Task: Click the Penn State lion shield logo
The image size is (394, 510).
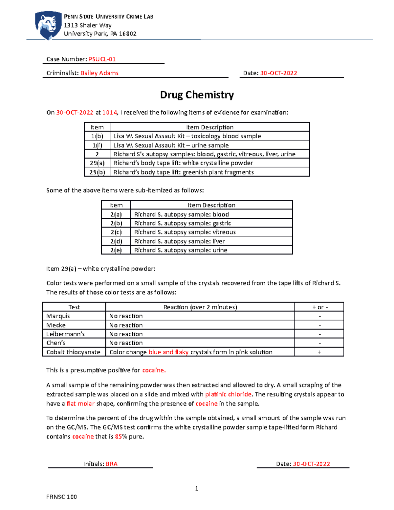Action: (48, 25)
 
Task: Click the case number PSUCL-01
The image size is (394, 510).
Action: (102, 59)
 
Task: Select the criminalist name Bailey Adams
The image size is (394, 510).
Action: (99, 73)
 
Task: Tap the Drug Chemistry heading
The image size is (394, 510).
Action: (197, 95)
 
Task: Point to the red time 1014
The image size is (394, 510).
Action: (110, 112)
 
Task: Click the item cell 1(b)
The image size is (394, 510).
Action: (97, 136)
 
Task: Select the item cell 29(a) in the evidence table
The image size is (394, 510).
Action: (97, 163)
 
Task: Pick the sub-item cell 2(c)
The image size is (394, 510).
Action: (116, 232)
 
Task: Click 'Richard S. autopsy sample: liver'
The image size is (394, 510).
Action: (180, 241)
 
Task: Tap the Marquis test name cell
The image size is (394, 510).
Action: (58, 316)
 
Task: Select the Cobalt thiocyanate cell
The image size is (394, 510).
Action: (73, 352)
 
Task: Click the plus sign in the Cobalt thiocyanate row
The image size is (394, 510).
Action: (319, 352)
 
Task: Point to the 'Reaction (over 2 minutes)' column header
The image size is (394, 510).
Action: (200, 307)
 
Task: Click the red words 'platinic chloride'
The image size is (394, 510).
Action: (228, 394)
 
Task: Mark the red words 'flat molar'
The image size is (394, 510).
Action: (80, 404)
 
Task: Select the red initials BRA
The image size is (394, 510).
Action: (112, 464)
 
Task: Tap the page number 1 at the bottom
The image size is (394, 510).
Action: (197, 488)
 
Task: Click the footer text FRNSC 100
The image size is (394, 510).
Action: (61, 497)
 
